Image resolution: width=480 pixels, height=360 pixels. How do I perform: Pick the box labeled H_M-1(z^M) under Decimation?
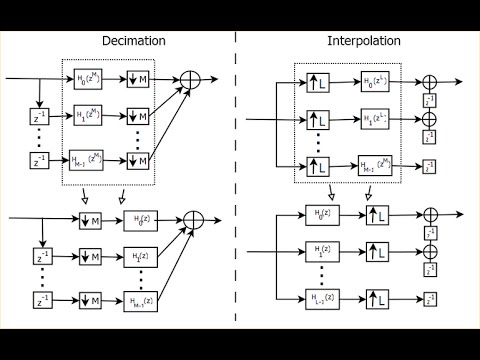pyautogui.click(x=89, y=158)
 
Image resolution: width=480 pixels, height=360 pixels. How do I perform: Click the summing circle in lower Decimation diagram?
pyautogui.click(x=190, y=219)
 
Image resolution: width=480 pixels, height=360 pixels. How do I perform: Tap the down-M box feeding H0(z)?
pyautogui.click(x=89, y=219)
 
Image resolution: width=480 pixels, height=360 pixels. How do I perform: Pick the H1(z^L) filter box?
pyautogui.click(x=376, y=121)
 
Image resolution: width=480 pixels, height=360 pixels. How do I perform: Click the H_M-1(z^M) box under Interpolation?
pyautogui.click(x=376, y=163)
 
